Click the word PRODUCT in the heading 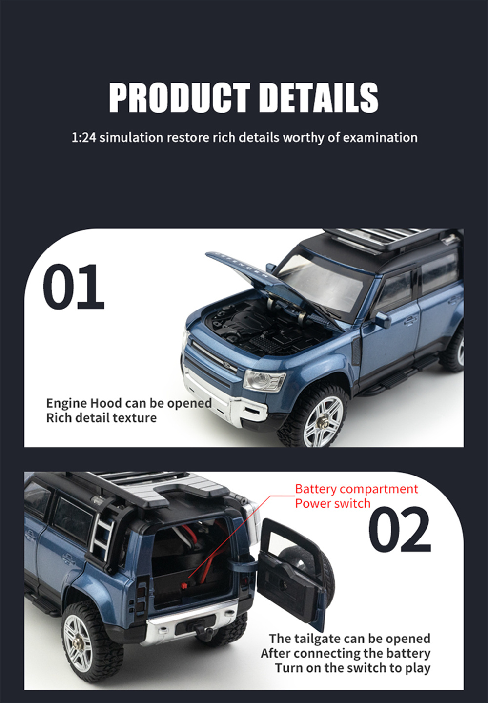tap(180, 98)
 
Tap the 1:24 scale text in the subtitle tap(84, 138)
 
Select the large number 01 tap(74, 287)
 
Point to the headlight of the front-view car tap(264, 380)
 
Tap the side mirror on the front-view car tap(382, 320)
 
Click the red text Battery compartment tap(356, 489)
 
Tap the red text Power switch tap(333, 503)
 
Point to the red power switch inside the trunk tap(184, 585)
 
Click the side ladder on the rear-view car tap(102, 534)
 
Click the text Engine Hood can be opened tap(129, 403)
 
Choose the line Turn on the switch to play tap(352, 668)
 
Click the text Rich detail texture tap(102, 418)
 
